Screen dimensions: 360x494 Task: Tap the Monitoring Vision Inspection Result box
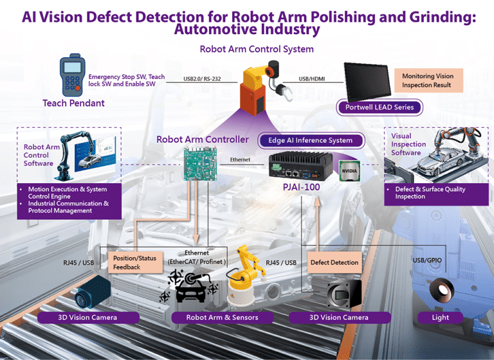[428, 80]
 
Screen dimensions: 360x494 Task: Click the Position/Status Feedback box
[134, 262]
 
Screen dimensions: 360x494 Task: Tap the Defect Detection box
[334, 262]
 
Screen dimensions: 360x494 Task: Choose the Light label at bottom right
[441, 317]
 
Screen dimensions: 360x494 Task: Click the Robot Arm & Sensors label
[222, 317]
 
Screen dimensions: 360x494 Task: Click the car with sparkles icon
[191, 286]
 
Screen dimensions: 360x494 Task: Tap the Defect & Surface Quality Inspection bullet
[430, 193]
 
